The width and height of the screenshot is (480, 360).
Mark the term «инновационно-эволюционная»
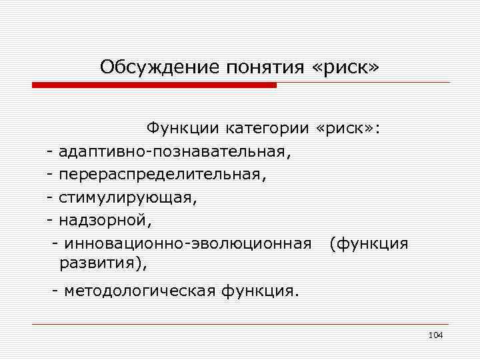click(185, 244)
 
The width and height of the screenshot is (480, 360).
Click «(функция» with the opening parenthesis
click(369, 244)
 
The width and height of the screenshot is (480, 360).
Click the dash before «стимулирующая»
click(51, 198)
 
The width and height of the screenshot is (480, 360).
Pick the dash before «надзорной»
click(51, 221)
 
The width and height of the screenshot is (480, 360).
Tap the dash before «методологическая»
click(56, 291)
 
